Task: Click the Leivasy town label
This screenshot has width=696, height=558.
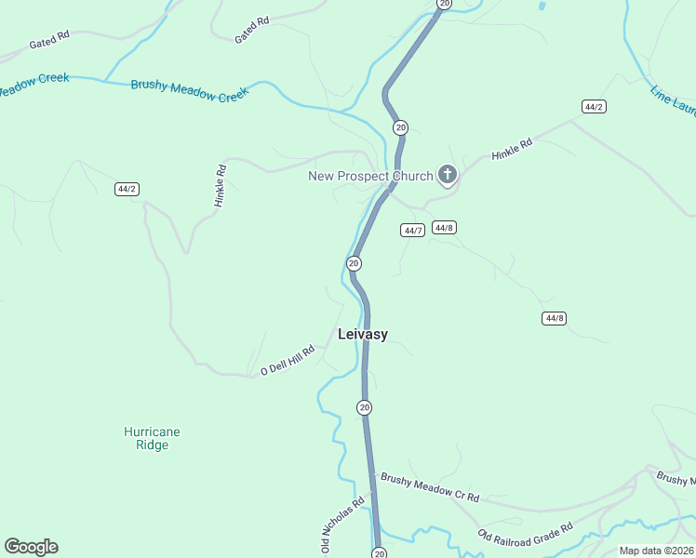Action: (x=363, y=334)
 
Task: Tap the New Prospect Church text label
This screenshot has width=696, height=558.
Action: (x=370, y=176)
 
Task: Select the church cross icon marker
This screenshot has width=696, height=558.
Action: (x=448, y=174)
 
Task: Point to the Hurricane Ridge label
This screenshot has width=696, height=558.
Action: (x=152, y=438)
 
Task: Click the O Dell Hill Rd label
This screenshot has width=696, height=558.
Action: (x=288, y=360)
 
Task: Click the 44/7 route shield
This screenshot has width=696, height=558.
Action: (x=413, y=231)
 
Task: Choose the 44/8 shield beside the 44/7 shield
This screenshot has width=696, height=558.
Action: (x=444, y=228)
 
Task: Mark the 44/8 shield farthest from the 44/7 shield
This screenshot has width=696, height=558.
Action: (x=554, y=318)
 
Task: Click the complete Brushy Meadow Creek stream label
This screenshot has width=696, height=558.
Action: (x=190, y=89)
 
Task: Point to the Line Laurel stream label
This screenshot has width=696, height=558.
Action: (x=672, y=100)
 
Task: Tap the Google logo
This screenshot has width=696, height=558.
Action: (x=31, y=547)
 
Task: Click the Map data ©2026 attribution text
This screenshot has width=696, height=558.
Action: (x=657, y=551)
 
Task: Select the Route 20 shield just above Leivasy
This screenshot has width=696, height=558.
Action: (x=354, y=264)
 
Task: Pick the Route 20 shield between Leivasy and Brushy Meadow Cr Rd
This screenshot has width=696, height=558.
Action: (x=364, y=407)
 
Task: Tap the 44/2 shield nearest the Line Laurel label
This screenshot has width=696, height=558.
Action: (x=594, y=107)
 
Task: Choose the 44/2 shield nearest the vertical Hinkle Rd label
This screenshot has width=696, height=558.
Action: (x=127, y=189)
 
